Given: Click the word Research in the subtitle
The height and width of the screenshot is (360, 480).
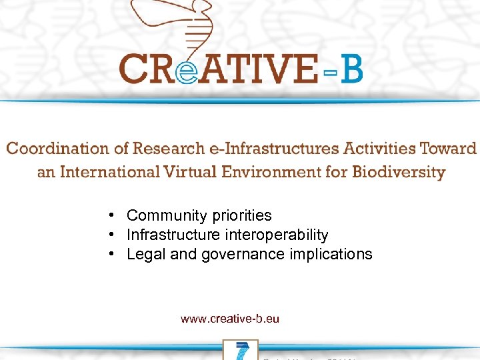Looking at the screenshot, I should point(166,149).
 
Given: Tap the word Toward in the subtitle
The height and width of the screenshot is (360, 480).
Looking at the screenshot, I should point(450,149).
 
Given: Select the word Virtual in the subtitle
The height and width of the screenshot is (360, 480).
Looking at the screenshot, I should point(191,172).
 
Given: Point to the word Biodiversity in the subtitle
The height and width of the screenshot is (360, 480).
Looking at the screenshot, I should point(398,173).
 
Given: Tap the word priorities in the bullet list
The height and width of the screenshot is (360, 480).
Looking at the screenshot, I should point(242,216).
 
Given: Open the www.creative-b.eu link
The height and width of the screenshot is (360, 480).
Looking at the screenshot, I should point(229,319).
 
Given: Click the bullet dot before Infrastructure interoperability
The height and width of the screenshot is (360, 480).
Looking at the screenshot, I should point(114,235).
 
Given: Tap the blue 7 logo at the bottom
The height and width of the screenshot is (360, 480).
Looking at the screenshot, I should point(241,351).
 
